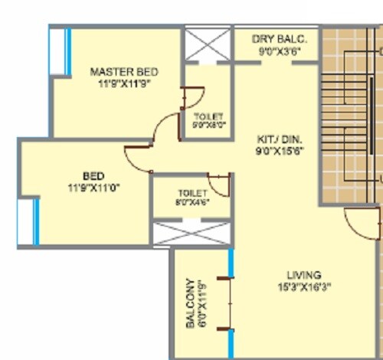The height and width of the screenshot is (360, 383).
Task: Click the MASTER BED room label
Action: coord(123,72)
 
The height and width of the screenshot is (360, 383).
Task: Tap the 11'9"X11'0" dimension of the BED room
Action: coord(94,185)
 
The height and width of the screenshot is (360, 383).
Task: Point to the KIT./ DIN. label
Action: coord(280,139)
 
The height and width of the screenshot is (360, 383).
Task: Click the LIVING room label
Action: coord(304,275)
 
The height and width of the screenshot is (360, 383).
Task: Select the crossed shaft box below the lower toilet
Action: coord(191,233)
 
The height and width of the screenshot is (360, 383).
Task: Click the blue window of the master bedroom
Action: coord(67,51)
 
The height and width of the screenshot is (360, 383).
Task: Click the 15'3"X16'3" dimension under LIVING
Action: coord(304,286)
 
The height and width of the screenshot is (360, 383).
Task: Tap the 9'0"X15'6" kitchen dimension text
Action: coord(280,152)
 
